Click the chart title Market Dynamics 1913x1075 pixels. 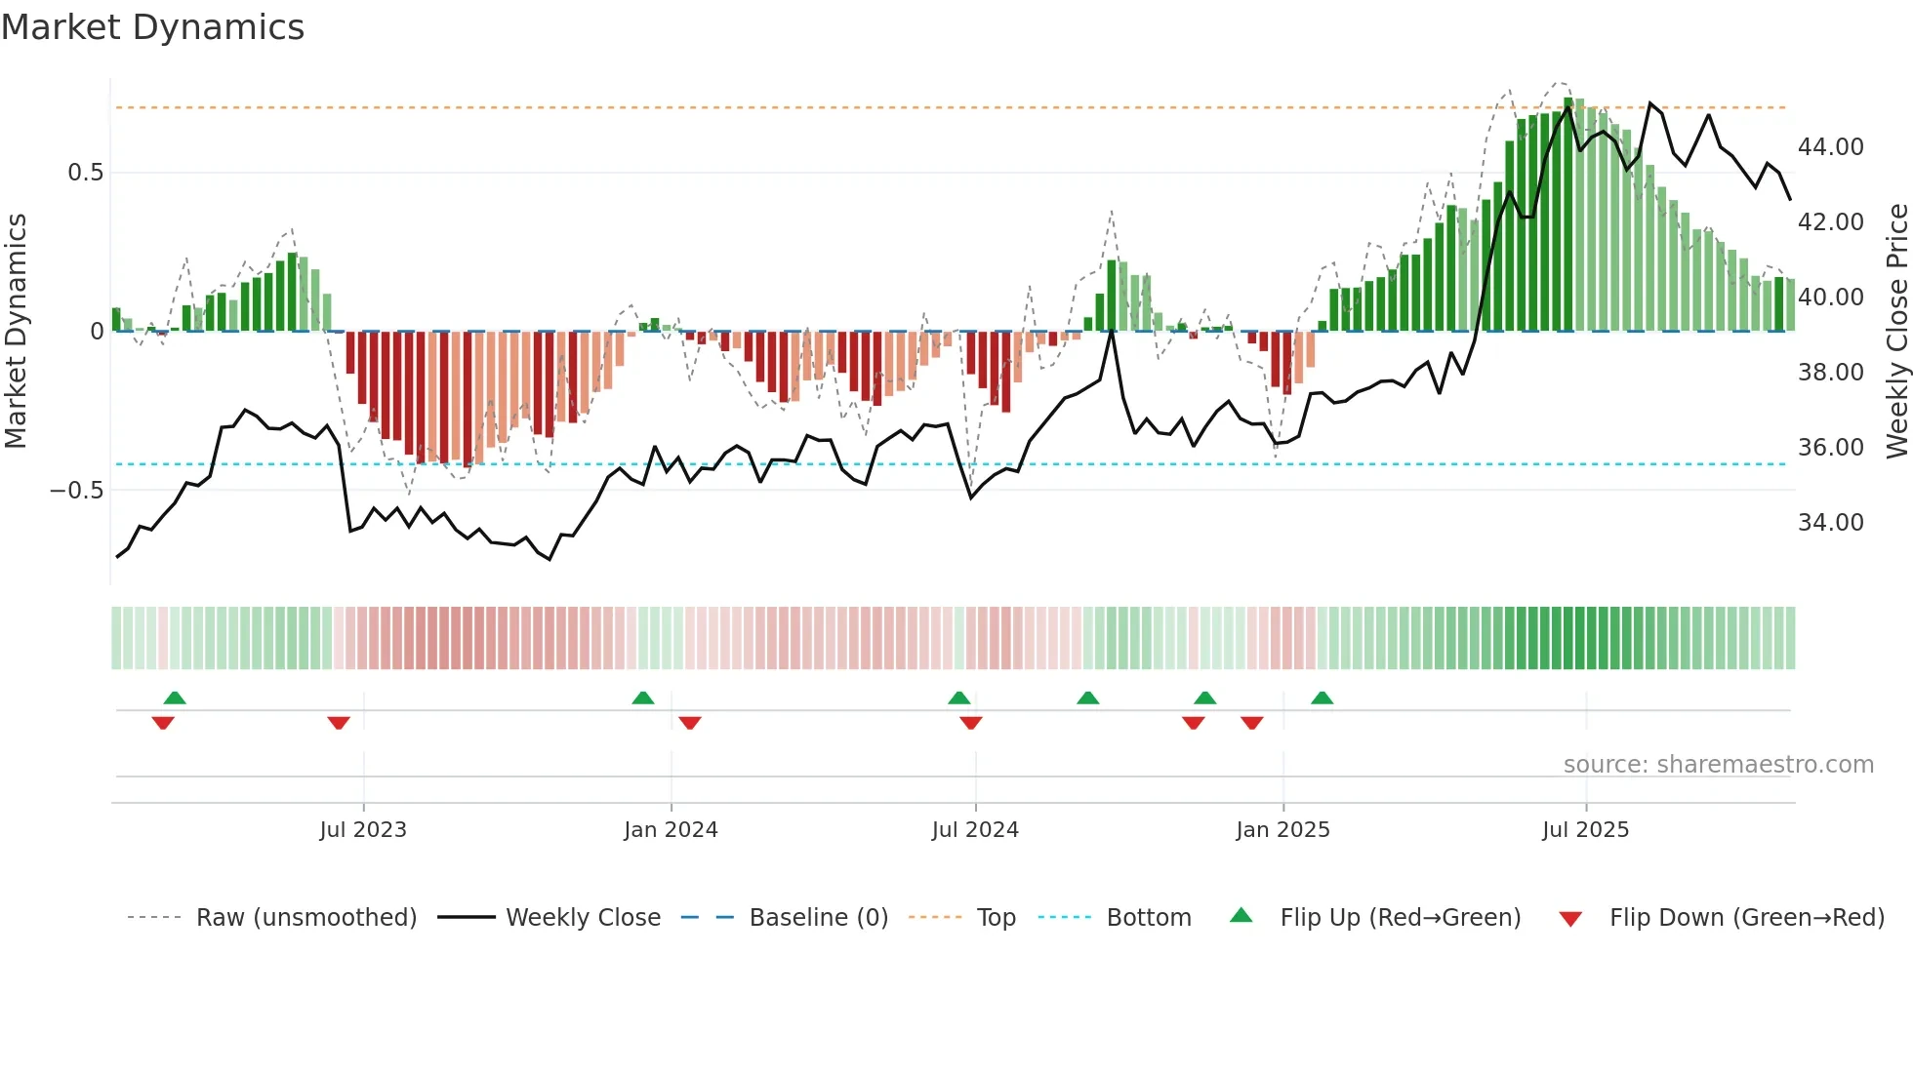click(x=152, y=27)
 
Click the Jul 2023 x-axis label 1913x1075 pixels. click(x=362, y=830)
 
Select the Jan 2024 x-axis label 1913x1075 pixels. click(x=671, y=830)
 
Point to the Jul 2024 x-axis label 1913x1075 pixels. click(x=975, y=830)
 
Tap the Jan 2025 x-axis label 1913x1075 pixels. click(x=1282, y=830)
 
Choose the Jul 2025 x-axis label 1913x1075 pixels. click(x=1585, y=830)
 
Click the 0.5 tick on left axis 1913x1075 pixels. click(x=85, y=173)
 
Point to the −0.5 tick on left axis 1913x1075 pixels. click(x=76, y=490)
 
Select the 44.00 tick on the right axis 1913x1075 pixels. click(x=1830, y=147)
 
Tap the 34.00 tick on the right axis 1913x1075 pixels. click(x=1830, y=523)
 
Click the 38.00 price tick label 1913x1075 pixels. click(x=1830, y=373)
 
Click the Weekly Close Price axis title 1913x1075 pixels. click(x=1896, y=332)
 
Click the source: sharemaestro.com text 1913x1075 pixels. click(x=1718, y=765)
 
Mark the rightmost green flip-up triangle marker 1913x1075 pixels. click(x=1322, y=698)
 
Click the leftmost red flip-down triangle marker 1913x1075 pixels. click(x=163, y=723)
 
